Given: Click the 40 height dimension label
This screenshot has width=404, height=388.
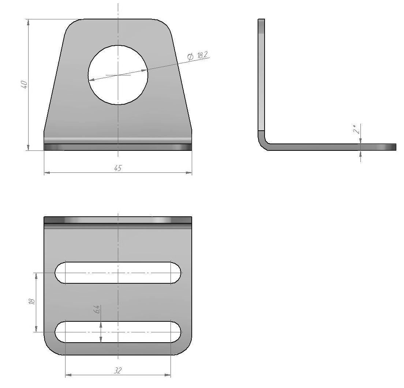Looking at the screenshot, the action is tap(24, 85).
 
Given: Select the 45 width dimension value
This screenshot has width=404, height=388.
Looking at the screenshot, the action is tap(118, 168).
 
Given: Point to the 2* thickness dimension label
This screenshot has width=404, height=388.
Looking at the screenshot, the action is tap(356, 129).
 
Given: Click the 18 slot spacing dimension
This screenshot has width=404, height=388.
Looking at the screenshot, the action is tap(32, 301).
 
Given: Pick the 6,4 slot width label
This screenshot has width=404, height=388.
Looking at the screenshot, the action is tap(96, 309).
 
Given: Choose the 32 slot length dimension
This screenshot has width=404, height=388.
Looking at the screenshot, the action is tap(118, 371).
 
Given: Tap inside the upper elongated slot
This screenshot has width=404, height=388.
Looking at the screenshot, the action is tap(118, 273).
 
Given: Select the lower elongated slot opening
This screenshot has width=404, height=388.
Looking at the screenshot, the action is tap(118, 332).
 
